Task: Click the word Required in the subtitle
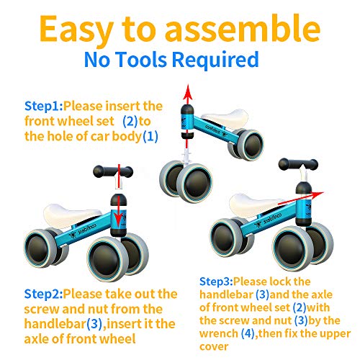pos(215,60)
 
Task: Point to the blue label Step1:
pos(44,106)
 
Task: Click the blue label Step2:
pos(43,294)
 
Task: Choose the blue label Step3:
pos(216,282)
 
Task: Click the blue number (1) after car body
pos(150,136)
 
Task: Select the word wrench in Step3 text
pos(219,333)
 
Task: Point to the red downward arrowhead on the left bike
pos(118,220)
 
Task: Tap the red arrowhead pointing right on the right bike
pos(317,194)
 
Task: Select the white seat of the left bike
pos(71,215)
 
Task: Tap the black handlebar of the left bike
pos(113,171)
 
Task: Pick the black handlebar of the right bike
pos(298,165)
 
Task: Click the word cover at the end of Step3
pos(214,347)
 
